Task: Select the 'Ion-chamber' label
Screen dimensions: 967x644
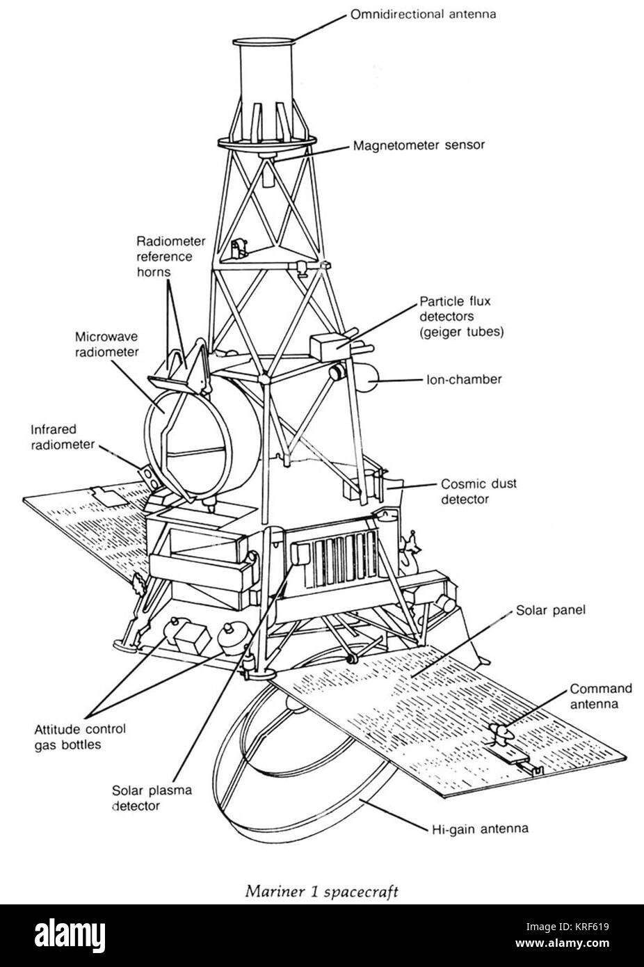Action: (464, 381)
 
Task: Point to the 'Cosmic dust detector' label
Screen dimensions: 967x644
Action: (479, 491)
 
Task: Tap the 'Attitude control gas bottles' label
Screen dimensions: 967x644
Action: (80, 737)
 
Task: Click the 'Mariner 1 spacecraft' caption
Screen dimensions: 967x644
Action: (321, 891)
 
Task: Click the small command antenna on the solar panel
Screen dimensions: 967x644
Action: (502, 733)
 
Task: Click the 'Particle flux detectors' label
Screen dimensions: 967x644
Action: (462, 317)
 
